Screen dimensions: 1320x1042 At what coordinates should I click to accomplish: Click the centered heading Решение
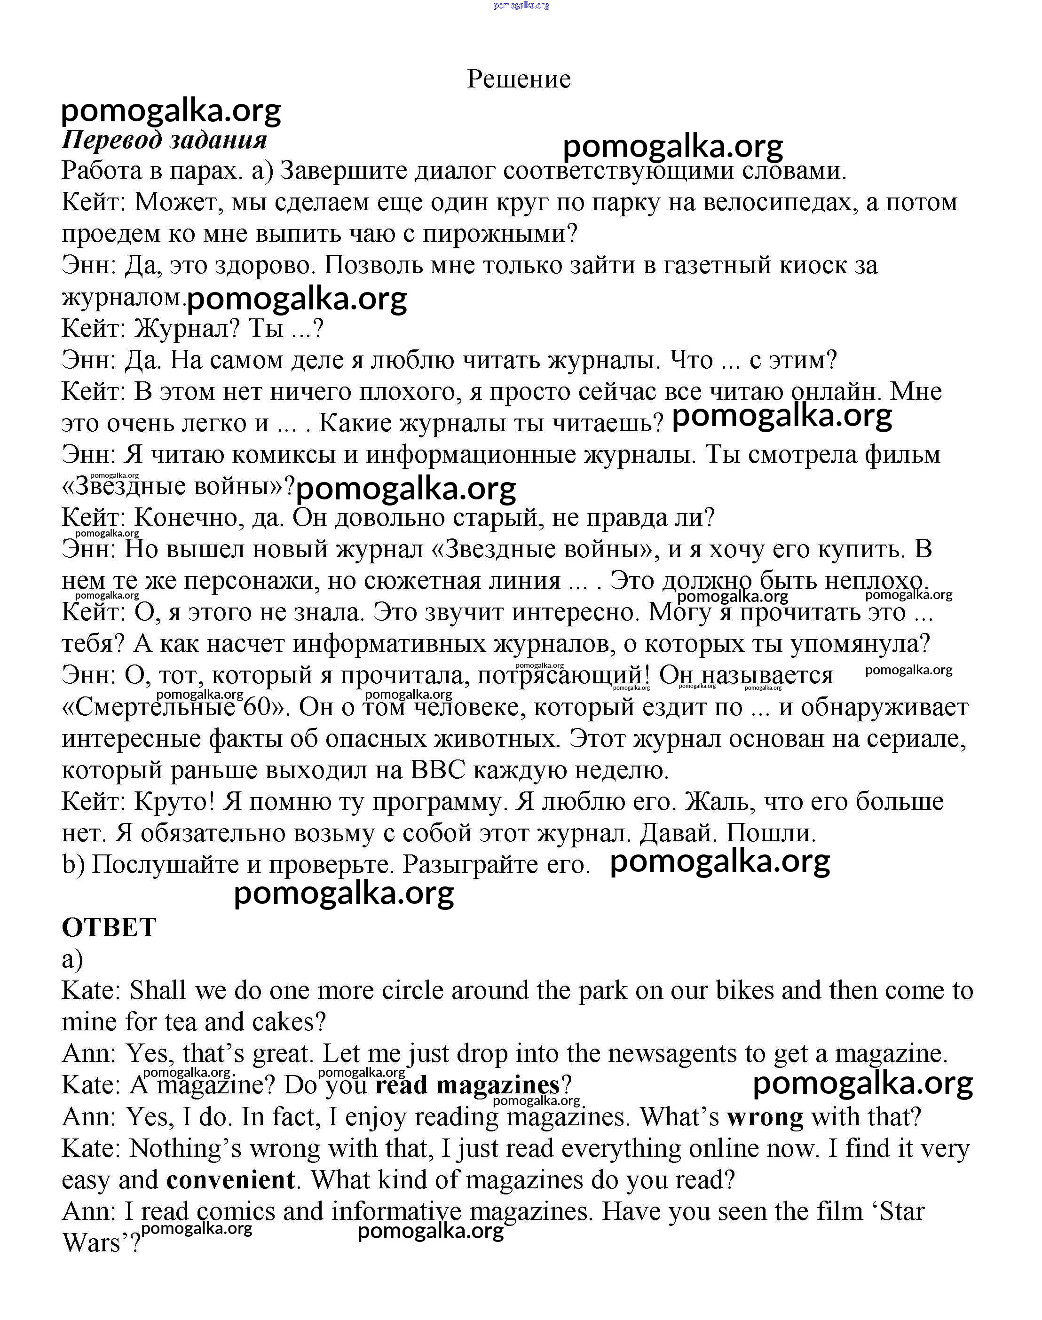[x=519, y=79]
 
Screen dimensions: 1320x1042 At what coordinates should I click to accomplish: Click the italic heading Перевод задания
[x=164, y=140]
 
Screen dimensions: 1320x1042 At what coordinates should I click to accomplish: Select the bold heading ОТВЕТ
[x=109, y=927]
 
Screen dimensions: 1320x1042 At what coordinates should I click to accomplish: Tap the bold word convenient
[x=230, y=1180]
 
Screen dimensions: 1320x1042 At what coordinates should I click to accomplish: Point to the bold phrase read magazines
[x=467, y=1085]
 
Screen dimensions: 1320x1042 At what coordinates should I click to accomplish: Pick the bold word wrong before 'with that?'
[x=765, y=1117]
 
